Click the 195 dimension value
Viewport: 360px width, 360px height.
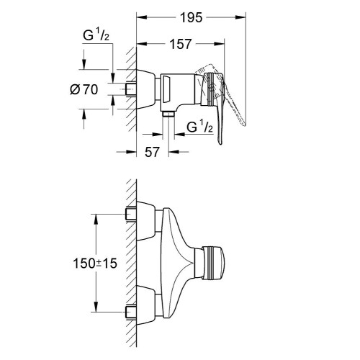point(191,18)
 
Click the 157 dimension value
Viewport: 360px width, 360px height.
point(181,44)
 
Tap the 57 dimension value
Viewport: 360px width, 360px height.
point(152,152)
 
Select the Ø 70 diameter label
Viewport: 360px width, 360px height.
point(84,90)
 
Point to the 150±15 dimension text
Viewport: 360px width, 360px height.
point(95,264)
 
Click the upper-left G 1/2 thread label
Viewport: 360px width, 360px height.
point(96,36)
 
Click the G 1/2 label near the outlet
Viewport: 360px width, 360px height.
point(199,127)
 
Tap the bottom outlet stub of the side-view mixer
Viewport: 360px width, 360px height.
point(168,114)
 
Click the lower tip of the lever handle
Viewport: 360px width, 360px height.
point(220,143)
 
